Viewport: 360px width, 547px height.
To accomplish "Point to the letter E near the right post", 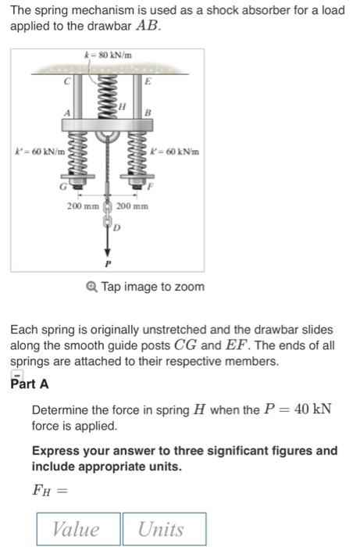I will point(146,82).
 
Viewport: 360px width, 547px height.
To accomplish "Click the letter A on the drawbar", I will point(67,114).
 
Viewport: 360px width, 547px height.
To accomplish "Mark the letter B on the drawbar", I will point(146,113).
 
